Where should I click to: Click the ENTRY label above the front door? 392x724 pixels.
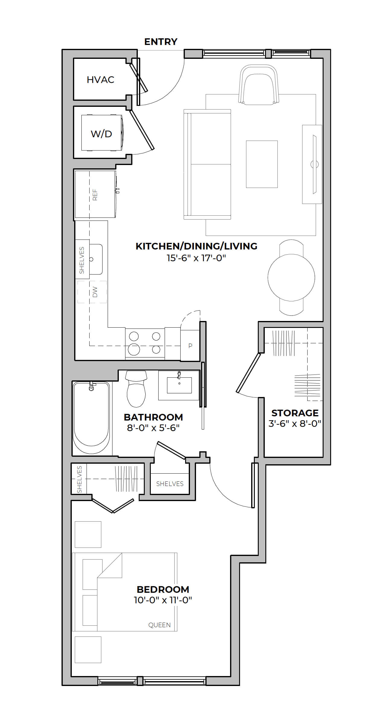pyautogui.click(x=161, y=42)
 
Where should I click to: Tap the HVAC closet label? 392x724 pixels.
pyautogui.click(x=100, y=80)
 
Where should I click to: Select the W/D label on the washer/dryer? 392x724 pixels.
pyautogui.click(x=101, y=134)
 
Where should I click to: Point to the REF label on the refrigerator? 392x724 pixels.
pyautogui.click(x=95, y=195)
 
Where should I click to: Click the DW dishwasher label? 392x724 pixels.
pyautogui.click(x=95, y=292)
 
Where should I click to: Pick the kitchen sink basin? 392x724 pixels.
pyautogui.click(x=96, y=259)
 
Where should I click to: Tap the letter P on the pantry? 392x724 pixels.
pyautogui.click(x=190, y=346)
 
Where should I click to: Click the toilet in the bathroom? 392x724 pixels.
pyautogui.click(x=136, y=389)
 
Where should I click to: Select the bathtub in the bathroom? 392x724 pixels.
pyautogui.click(x=91, y=418)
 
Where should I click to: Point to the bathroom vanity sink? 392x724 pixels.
pyautogui.click(x=179, y=385)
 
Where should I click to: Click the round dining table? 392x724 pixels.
pyautogui.click(x=291, y=278)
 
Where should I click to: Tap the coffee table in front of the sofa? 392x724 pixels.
pyautogui.click(x=262, y=164)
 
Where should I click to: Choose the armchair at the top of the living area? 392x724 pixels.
pyautogui.click(x=259, y=85)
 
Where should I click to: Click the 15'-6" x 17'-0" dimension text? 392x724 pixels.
pyautogui.click(x=196, y=258)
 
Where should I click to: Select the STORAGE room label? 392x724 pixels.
pyautogui.click(x=295, y=413)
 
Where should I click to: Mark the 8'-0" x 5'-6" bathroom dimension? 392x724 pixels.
pyautogui.click(x=153, y=428)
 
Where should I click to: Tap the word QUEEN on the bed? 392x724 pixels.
pyautogui.click(x=160, y=625)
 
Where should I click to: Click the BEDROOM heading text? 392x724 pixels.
pyautogui.click(x=163, y=589)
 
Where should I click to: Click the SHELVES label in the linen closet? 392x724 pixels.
pyautogui.click(x=170, y=484)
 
